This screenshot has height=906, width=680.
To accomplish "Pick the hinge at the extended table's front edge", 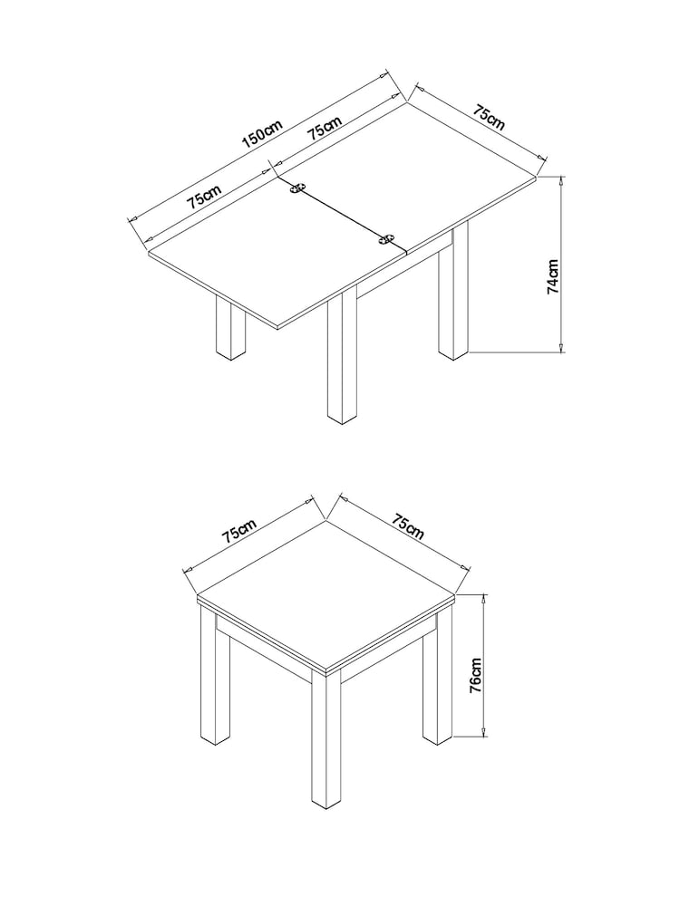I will pos(387,240).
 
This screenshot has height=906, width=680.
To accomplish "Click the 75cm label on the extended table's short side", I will pos(489,117).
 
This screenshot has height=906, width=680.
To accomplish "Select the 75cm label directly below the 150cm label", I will pos(325,128).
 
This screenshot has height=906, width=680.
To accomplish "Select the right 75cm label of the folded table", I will pos(407,526).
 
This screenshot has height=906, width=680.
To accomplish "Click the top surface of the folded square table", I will pos(326,593).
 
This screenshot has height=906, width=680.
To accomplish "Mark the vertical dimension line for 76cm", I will pos(486,666).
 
